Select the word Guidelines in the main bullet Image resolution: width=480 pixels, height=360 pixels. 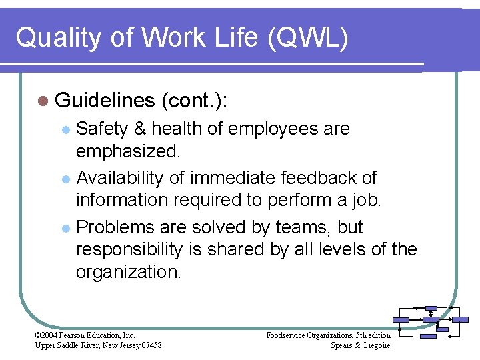pyautogui.click(x=105, y=101)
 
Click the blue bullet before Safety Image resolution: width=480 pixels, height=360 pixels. pyautogui.click(x=65, y=129)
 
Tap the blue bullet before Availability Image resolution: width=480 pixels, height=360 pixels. pyautogui.click(x=65, y=179)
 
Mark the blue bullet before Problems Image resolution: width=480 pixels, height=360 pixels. pyautogui.click(x=65, y=228)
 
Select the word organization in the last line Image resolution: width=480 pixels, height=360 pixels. pyautogui.click(x=128, y=272)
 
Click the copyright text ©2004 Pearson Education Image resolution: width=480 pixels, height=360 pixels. pyautogui.click(x=85, y=335)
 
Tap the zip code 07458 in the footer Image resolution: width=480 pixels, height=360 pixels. pyautogui.click(x=149, y=345)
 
